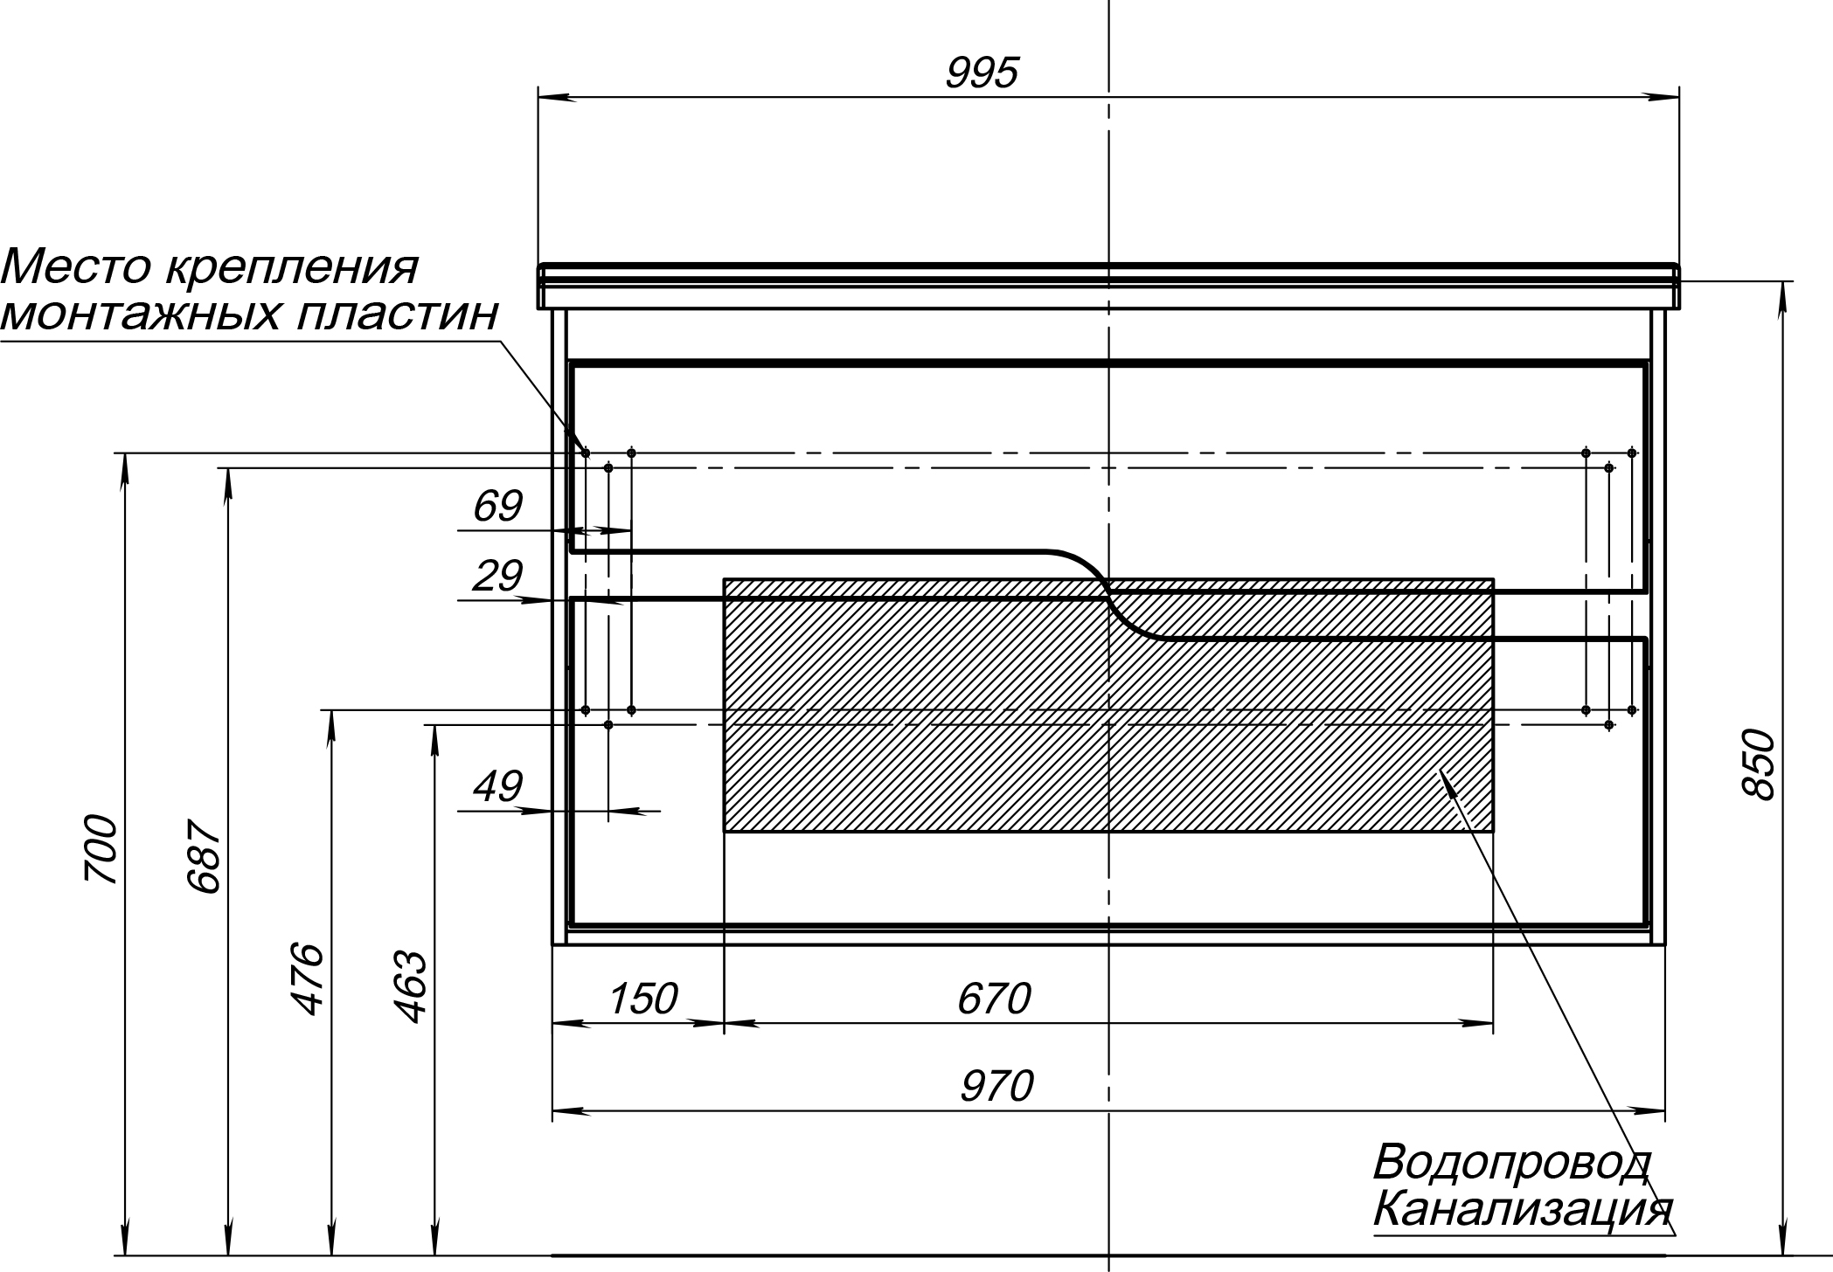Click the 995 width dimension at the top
pos(982,73)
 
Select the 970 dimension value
pos(996,1087)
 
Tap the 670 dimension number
pos(994,999)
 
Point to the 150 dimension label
pos(642,999)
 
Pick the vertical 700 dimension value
pos(101,850)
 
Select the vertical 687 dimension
pos(205,856)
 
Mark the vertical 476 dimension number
pos(307,978)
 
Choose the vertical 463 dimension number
pos(410,987)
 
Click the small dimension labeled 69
pos(497,506)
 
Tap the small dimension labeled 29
pos(497,576)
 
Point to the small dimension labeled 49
pos(497,786)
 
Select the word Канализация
pos(1523,1210)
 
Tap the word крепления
pos(291,268)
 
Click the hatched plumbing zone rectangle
pos(1108,704)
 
